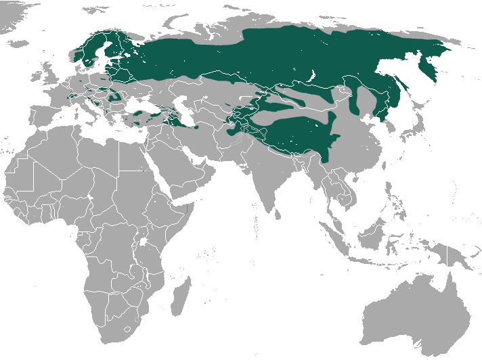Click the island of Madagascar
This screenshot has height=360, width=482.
178,298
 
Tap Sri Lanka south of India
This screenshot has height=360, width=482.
277,215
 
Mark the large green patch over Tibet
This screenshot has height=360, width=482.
298,135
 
